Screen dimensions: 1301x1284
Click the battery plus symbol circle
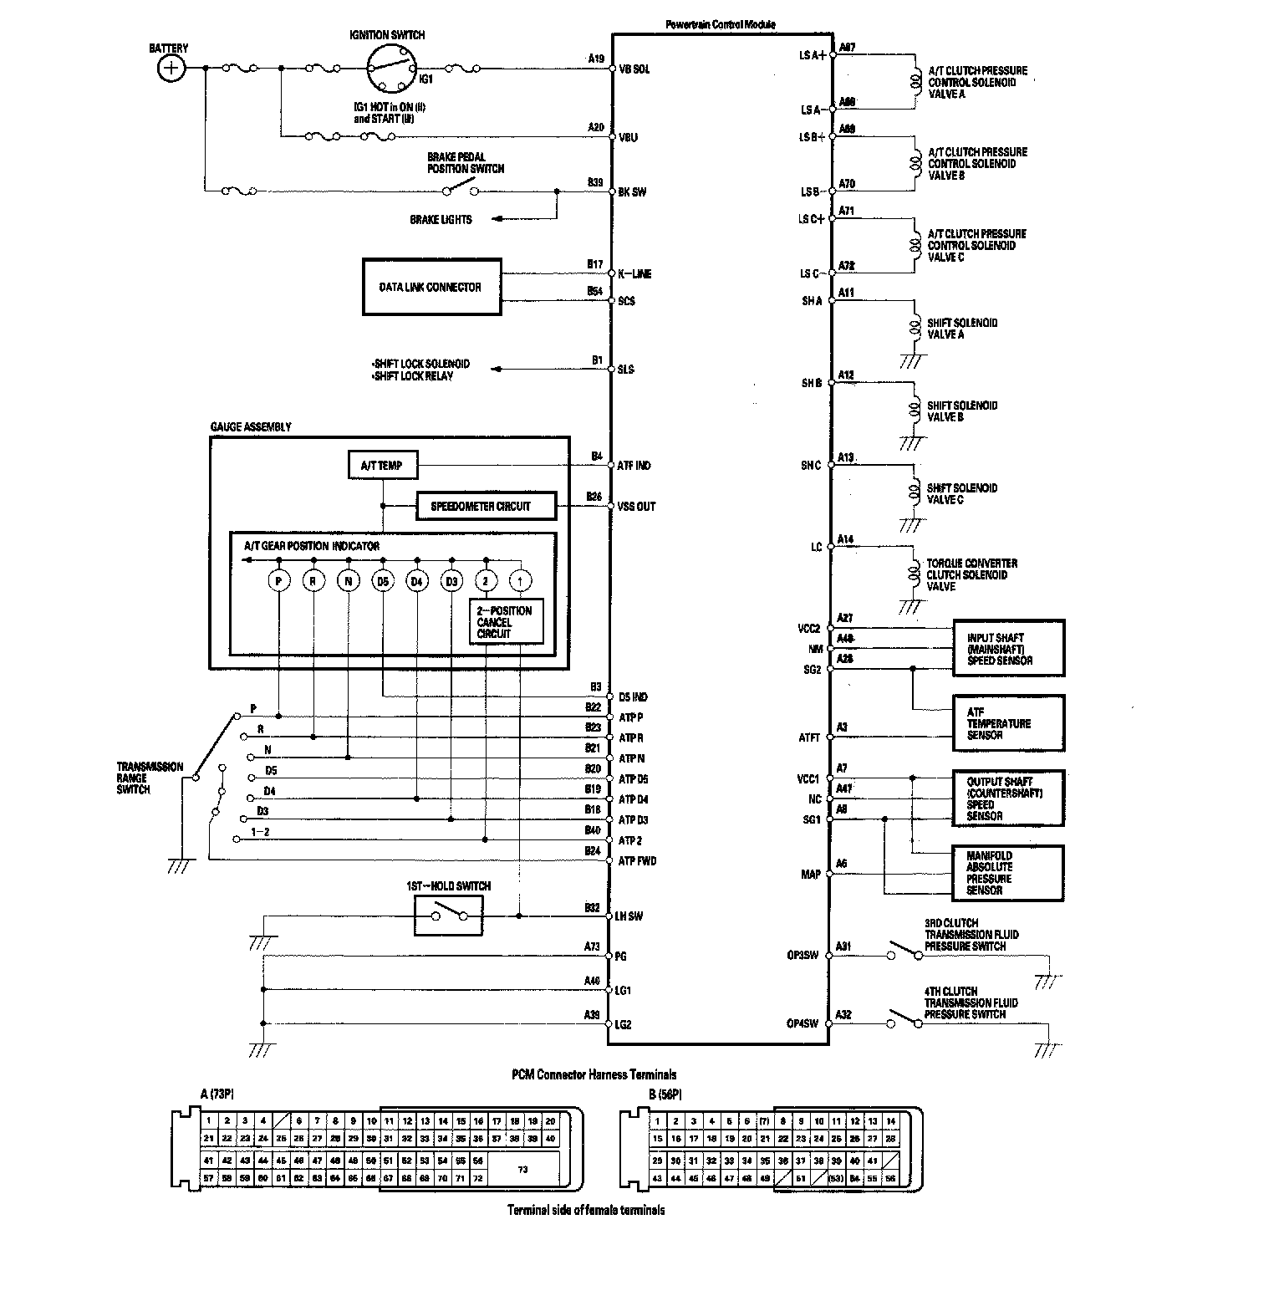pyautogui.click(x=171, y=68)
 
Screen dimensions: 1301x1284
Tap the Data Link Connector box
pyautogui.click(x=431, y=287)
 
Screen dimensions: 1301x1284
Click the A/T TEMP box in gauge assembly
pyautogui.click(x=382, y=466)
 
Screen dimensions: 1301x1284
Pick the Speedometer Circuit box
pyautogui.click(x=485, y=506)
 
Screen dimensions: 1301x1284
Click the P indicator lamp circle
pyautogui.click(x=278, y=580)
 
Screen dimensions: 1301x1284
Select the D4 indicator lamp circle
pyautogui.click(x=416, y=580)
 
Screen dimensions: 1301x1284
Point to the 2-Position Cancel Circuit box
pyautogui.click(x=507, y=622)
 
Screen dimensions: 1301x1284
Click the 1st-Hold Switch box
pyautogui.click(x=449, y=916)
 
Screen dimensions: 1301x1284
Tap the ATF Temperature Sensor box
pyautogui.click(x=1008, y=723)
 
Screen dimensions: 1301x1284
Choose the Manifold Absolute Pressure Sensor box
pyautogui.click(x=1008, y=873)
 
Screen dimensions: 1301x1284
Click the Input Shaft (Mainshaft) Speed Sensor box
pyautogui.click(x=1008, y=648)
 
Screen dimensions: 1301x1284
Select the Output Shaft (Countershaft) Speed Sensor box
pyautogui.click(x=1008, y=798)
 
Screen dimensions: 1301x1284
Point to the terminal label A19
pyautogui.click(x=595, y=59)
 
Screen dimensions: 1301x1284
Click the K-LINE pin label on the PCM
pyautogui.click(x=634, y=274)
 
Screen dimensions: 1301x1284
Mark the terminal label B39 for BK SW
pyautogui.click(x=595, y=181)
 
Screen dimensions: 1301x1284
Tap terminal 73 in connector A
pyautogui.click(x=523, y=1169)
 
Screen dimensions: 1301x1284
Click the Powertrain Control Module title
pyautogui.click(x=720, y=24)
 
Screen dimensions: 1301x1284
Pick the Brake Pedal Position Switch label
pyautogui.click(x=466, y=163)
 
